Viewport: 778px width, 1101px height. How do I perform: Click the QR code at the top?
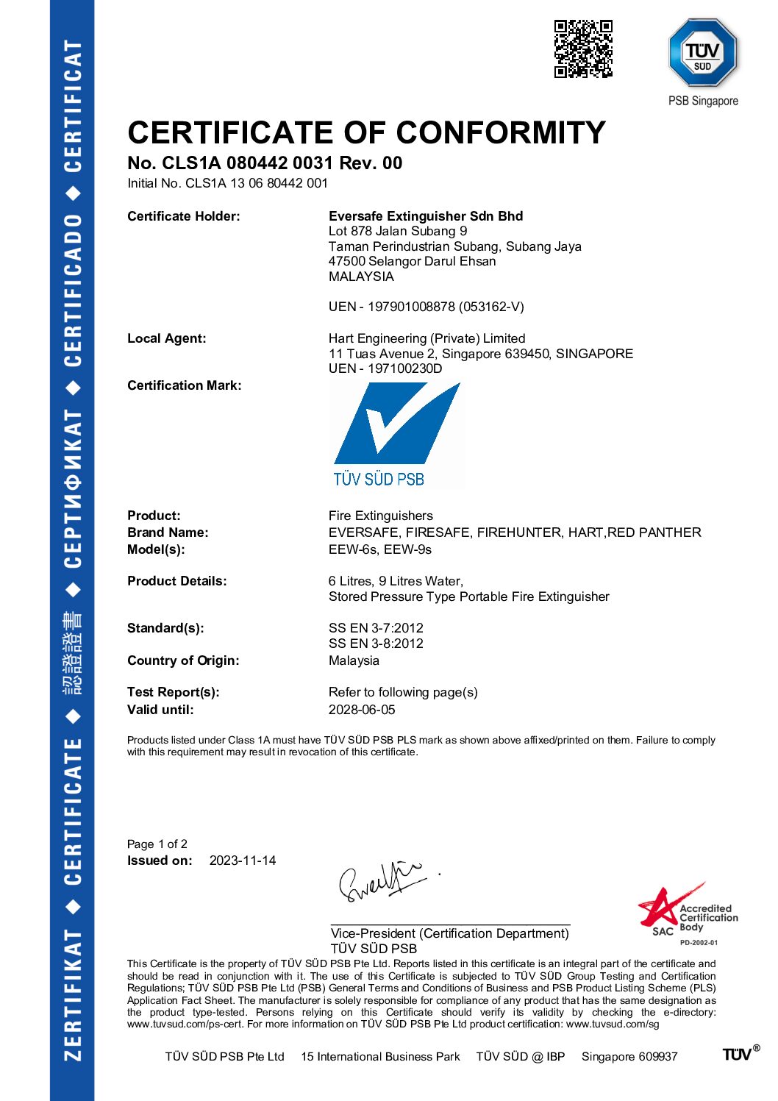click(583, 49)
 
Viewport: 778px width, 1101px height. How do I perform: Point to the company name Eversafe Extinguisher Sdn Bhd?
click(426, 216)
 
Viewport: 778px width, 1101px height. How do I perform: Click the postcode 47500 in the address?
click(347, 262)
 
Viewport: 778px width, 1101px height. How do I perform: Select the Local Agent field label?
click(167, 338)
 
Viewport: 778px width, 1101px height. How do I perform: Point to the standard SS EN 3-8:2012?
click(376, 644)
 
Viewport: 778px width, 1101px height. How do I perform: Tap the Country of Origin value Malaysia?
click(354, 660)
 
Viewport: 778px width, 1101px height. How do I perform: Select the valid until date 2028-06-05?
click(362, 710)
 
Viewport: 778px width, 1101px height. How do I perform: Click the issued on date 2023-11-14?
click(243, 861)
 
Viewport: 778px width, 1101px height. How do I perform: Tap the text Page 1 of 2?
click(157, 844)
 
